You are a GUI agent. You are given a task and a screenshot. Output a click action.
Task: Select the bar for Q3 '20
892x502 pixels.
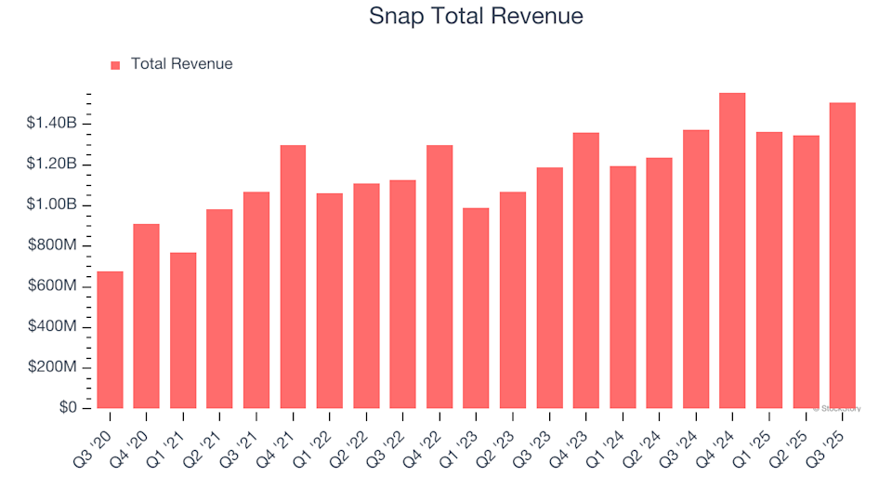point(110,339)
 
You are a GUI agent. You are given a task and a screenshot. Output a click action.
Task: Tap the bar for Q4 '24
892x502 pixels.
point(732,251)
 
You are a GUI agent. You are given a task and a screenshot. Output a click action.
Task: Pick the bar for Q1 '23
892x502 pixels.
point(476,308)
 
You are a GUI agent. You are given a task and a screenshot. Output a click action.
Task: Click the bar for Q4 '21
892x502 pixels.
point(293,277)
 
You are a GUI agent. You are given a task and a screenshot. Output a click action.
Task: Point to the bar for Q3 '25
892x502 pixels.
point(842,256)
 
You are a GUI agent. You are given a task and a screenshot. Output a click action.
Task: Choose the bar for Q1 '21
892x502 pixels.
point(183,330)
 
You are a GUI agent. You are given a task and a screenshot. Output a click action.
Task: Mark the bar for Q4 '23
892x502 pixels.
point(585,271)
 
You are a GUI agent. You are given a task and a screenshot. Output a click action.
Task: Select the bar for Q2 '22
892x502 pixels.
point(366,296)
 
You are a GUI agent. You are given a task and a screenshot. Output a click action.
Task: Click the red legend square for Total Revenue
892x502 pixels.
point(115,65)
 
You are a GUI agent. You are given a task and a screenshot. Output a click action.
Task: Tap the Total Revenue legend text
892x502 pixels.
point(181,64)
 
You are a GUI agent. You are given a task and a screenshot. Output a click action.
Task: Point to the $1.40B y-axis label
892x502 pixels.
point(52,124)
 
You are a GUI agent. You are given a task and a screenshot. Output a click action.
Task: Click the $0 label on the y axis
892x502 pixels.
point(68,408)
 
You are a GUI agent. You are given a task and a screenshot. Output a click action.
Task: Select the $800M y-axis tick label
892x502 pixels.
point(53,245)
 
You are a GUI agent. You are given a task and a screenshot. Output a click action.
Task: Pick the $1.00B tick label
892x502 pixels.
point(52,205)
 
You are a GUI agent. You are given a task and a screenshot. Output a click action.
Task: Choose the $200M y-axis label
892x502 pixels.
point(53,367)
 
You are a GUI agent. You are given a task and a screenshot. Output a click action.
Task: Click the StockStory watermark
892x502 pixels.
point(837,408)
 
